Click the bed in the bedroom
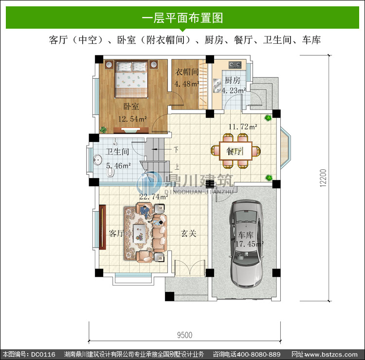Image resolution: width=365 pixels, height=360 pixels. (131, 79)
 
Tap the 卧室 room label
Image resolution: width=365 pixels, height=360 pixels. (131, 107)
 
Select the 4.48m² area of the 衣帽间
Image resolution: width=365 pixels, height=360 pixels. (187, 84)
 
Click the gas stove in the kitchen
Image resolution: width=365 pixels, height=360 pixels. (235, 64)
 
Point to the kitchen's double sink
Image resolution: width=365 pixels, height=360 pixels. (217, 86)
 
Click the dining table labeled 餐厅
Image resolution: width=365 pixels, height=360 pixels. (236, 151)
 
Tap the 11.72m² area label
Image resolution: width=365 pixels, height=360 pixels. (243, 127)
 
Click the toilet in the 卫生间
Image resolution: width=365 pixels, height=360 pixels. (110, 172)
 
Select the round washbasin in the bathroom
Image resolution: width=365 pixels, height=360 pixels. (97, 160)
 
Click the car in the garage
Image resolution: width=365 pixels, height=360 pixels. (247, 243)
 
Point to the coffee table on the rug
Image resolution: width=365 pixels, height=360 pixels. (140, 233)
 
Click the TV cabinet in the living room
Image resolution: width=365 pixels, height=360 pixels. (102, 227)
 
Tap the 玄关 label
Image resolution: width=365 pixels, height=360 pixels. (188, 234)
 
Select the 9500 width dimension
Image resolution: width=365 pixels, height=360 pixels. (185, 335)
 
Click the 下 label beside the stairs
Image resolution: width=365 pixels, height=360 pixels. (176, 150)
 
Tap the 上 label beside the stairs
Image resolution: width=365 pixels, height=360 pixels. (177, 167)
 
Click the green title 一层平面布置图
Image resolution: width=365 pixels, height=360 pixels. (182, 18)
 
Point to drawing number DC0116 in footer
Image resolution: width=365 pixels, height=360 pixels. (43, 355)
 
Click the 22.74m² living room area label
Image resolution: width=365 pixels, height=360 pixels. (154, 197)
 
